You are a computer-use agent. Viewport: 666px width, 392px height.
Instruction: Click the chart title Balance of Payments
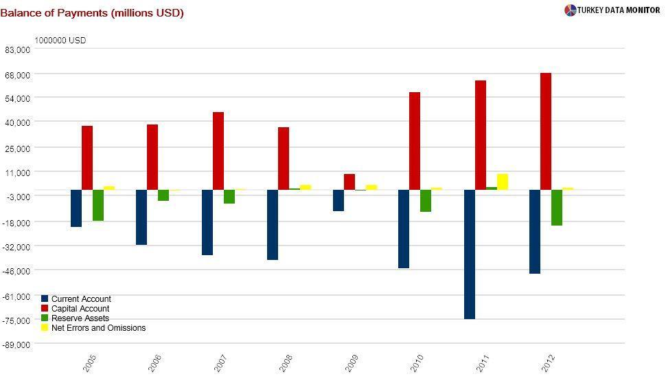click(x=91, y=12)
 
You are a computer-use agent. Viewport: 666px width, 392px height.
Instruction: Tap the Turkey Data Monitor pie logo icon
click(x=570, y=10)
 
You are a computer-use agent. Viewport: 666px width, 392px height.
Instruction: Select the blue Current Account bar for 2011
click(x=470, y=254)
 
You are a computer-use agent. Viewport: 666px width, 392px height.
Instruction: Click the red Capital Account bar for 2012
click(x=546, y=131)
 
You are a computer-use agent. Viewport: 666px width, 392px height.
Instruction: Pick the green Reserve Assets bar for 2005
click(x=98, y=205)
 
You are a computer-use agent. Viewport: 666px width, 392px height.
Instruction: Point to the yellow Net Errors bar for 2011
click(x=503, y=182)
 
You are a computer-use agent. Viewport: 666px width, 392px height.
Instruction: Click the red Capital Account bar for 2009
click(x=349, y=182)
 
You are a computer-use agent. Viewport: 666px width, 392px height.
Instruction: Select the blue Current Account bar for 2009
click(x=338, y=200)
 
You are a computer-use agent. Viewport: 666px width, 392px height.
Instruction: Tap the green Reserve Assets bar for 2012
click(x=557, y=207)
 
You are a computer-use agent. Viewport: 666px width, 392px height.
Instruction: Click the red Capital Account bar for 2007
click(x=218, y=151)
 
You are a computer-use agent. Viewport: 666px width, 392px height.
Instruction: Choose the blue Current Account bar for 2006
click(x=141, y=217)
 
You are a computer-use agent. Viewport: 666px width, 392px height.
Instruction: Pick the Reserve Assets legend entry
click(x=79, y=318)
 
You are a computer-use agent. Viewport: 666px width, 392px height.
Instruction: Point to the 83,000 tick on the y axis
click(x=17, y=50)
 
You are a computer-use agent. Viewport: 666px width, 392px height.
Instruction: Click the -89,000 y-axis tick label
click(x=16, y=345)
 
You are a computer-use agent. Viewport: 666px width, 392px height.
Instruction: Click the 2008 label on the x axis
click(x=286, y=363)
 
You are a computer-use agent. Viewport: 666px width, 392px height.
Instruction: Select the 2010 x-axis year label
click(x=417, y=363)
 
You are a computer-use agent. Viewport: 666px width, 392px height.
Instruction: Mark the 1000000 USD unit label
click(x=60, y=41)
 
